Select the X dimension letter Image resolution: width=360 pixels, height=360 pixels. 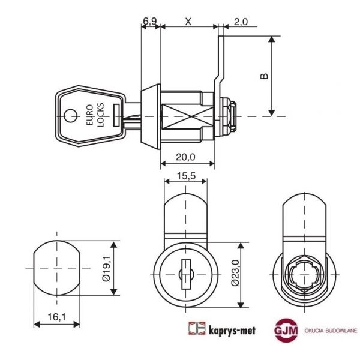point(188,22)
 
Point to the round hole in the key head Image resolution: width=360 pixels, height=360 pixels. point(71,115)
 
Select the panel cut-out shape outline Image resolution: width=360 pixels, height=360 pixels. point(56,268)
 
